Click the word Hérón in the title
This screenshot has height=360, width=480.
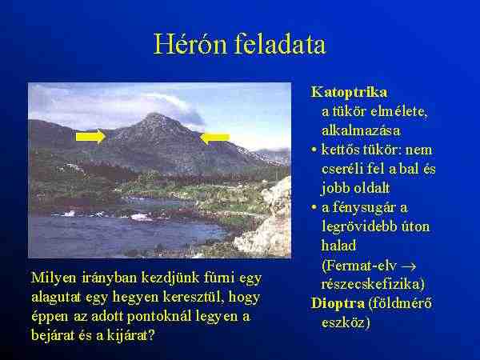click(190, 44)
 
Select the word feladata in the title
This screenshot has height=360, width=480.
click(280, 44)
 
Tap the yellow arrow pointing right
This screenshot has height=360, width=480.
click(91, 136)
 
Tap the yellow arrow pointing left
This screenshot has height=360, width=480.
click(214, 138)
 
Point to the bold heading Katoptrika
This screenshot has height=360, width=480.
click(349, 93)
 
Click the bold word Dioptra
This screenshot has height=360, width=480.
click(338, 304)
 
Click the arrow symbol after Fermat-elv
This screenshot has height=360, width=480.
click(409, 266)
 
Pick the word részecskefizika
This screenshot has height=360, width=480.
click(370, 284)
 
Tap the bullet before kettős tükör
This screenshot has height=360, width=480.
click(314, 150)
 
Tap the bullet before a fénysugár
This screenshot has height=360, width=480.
click(314, 207)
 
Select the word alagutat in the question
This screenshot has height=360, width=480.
click(56, 297)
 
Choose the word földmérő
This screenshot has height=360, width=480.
click(401, 303)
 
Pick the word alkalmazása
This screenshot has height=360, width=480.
click(361, 131)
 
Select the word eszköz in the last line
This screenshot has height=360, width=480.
click(342, 322)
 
